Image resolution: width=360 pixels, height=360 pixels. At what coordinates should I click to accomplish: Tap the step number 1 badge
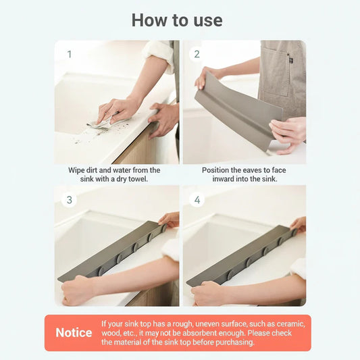[69, 54]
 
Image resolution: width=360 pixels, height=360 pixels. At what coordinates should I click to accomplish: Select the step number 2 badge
[197, 54]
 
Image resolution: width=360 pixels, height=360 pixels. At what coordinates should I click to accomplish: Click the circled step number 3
[69, 200]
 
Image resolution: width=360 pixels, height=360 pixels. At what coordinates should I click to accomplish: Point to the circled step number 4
[197, 200]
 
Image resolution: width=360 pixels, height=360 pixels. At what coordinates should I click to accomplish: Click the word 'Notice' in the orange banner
[74, 333]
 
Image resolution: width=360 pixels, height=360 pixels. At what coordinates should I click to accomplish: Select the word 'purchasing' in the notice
[233, 342]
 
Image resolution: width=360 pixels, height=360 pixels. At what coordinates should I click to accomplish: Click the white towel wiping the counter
[101, 122]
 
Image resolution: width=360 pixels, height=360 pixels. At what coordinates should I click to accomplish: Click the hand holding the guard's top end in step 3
[170, 220]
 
